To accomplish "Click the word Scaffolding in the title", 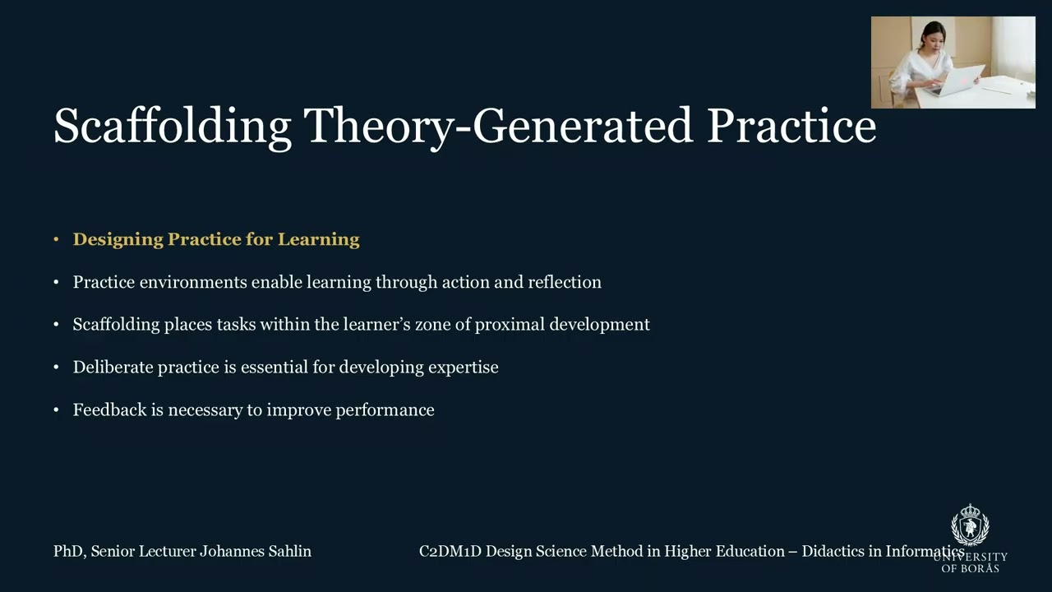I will [x=172, y=127].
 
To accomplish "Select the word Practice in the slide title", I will [x=791, y=127].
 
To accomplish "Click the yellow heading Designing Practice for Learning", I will [x=216, y=239].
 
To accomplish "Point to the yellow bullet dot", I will [x=56, y=239].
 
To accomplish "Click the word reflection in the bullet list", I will [x=564, y=282].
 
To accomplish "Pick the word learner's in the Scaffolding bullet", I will [x=376, y=325].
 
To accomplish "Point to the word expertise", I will [x=463, y=368].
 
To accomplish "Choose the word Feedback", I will [x=109, y=410].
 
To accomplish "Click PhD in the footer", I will [x=68, y=552].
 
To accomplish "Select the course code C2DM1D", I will [x=450, y=552].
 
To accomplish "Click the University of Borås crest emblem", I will [x=970, y=525].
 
